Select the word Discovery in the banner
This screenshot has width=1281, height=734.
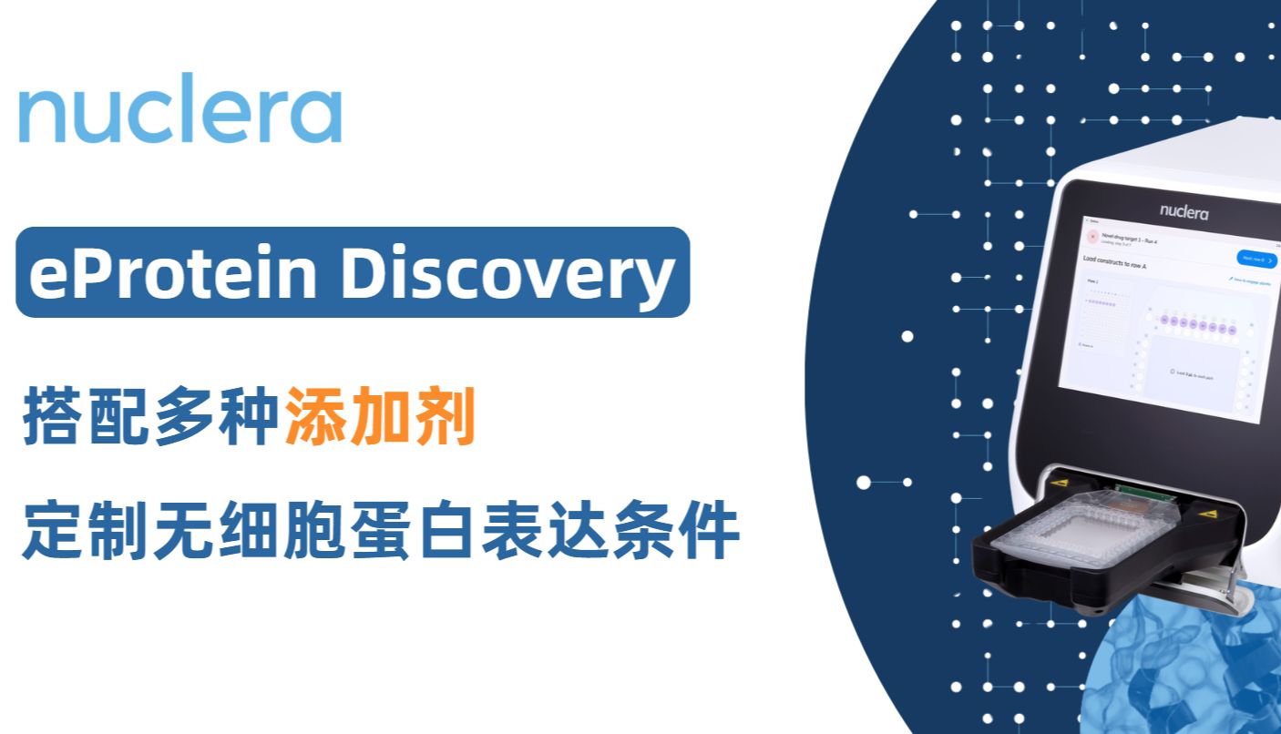coord(507,272)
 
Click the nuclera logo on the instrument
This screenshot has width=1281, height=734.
coord(1184,212)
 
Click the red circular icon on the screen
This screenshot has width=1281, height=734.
coord(1092,237)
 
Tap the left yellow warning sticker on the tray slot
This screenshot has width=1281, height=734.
coord(1059,479)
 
